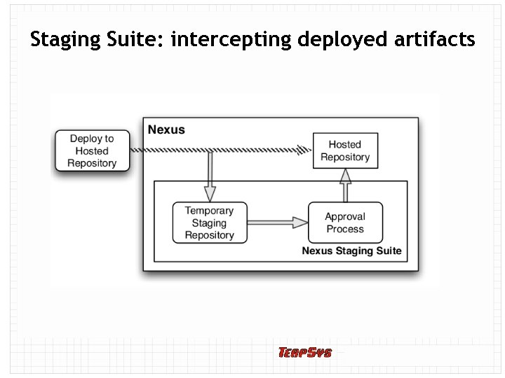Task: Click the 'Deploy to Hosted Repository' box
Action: click(x=92, y=151)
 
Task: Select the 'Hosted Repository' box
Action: click(x=345, y=150)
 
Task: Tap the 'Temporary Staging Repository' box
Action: click(x=209, y=223)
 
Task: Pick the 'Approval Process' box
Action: click(x=345, y=223)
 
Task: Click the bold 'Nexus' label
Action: click(x=166, y=129)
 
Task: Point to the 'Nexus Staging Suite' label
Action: click(x=351, y=251)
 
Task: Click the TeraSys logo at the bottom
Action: click(x=304, y=352)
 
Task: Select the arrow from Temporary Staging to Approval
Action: click(x=277, y=223)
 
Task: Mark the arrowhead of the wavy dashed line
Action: click(x=304, y=150)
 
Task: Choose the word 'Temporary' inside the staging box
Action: click(x=209, y=211)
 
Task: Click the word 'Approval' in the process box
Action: click(x=345, y=216)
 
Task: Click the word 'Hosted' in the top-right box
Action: click(x=345, y=144)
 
